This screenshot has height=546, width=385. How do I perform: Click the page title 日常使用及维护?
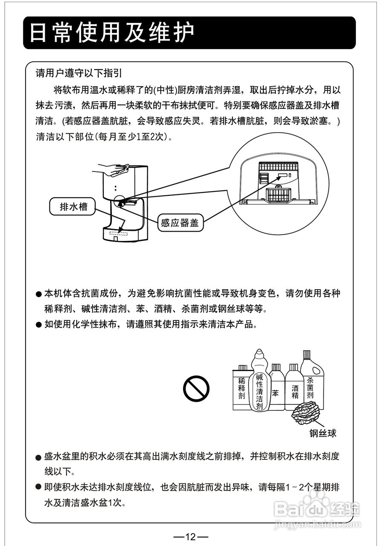coord(112,33)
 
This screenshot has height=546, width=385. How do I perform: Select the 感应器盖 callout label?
coord(180,223)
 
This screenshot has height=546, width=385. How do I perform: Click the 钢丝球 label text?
coord(323,433)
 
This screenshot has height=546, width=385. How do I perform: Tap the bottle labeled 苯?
coord(276,390)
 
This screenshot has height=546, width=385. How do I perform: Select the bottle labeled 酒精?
coord(295,390)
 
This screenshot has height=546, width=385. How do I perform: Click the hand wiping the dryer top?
coord(113,169)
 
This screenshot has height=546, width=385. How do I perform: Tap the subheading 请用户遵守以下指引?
coord(79,73)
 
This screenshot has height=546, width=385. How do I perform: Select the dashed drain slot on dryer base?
coord(119,233)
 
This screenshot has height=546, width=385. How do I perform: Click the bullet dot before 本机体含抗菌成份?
coord(39,294)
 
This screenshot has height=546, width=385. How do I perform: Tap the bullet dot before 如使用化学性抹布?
coord(39,325)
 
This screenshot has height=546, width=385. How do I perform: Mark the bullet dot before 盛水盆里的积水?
coord(39,457)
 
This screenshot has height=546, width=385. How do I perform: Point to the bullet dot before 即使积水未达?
coord(39,487)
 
